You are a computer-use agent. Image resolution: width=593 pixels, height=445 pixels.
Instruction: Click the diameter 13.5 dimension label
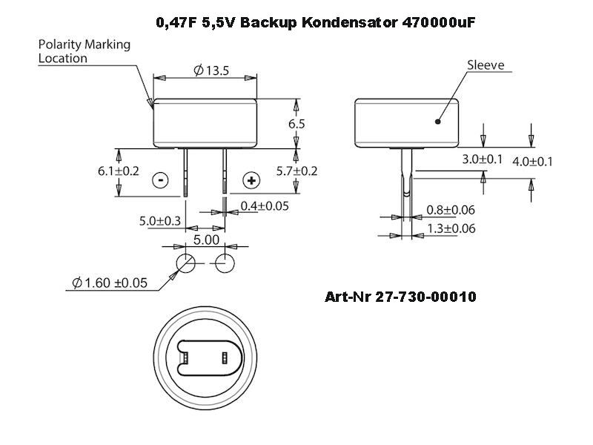(x=211, y=70)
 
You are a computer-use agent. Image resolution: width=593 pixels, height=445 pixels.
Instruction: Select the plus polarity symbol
(x=251, y=179)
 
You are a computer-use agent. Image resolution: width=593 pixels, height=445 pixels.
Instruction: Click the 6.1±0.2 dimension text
(x=119, y=171)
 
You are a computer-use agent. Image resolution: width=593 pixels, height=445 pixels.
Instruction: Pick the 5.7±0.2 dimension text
(x=296, y=171)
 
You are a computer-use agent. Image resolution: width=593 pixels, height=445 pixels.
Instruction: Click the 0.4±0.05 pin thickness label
(x=265, y=205)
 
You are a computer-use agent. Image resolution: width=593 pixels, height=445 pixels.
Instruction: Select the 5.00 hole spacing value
(x=206, y=240)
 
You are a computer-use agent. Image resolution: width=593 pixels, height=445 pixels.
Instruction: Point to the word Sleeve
(x=486, y=65)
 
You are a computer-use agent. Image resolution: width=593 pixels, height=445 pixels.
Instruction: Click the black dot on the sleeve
(x=438, y=120)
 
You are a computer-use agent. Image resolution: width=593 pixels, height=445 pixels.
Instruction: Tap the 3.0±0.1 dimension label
(x=483, y=159)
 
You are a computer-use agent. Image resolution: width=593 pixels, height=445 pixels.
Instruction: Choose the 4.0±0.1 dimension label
(x=533, y=161)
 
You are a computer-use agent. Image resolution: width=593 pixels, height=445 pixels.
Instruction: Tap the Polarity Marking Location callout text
(x=84, y=50)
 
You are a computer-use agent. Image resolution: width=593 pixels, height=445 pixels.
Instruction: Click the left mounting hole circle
(x=185, y=263)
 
